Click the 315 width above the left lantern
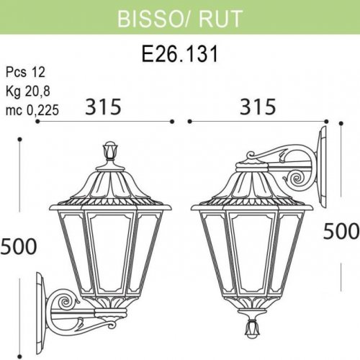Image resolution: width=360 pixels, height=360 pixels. click(x=103, y=107)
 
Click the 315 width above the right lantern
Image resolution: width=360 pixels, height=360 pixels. click(x=257, y=107)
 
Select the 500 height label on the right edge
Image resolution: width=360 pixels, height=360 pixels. click(x=342, y=230)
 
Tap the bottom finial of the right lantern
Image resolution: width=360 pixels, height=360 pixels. click(x=251, y=328)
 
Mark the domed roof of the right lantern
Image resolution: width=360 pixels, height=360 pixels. click(x=251, y=184)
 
